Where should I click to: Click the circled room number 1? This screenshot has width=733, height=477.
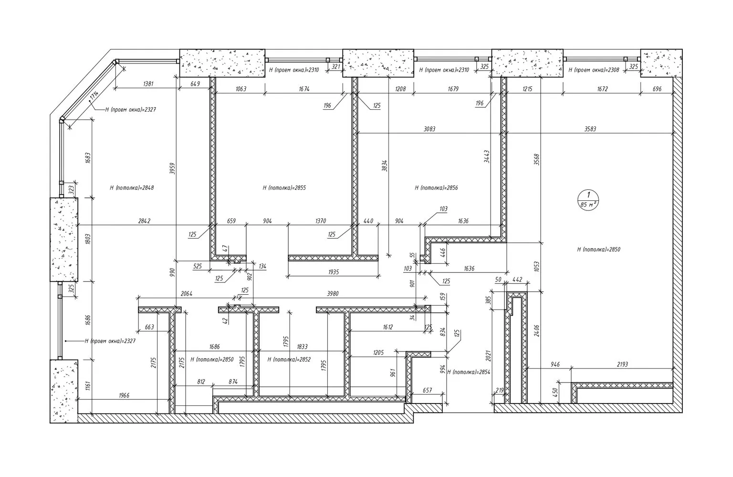589,195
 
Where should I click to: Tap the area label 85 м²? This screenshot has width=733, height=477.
589,204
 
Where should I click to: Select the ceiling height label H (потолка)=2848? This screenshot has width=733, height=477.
132,188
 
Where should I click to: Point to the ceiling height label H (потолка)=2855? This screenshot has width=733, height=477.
284,188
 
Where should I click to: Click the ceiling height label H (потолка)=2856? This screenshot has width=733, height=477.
436,188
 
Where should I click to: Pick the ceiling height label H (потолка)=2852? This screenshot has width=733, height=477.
289,360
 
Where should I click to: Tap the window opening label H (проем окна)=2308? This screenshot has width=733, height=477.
594,70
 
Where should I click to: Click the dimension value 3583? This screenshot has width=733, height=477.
590,129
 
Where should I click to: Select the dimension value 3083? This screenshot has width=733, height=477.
429,129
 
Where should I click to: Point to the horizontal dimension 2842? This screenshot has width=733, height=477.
144,221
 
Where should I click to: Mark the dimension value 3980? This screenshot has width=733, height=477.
333,294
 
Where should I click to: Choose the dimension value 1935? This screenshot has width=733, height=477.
333,272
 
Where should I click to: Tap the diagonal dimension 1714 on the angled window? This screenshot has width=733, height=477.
93,97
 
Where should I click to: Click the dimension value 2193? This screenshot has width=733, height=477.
622,365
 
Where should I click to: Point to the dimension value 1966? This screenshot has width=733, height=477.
122,395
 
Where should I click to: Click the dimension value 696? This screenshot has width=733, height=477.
657,89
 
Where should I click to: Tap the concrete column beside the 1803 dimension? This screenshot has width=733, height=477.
64,239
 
